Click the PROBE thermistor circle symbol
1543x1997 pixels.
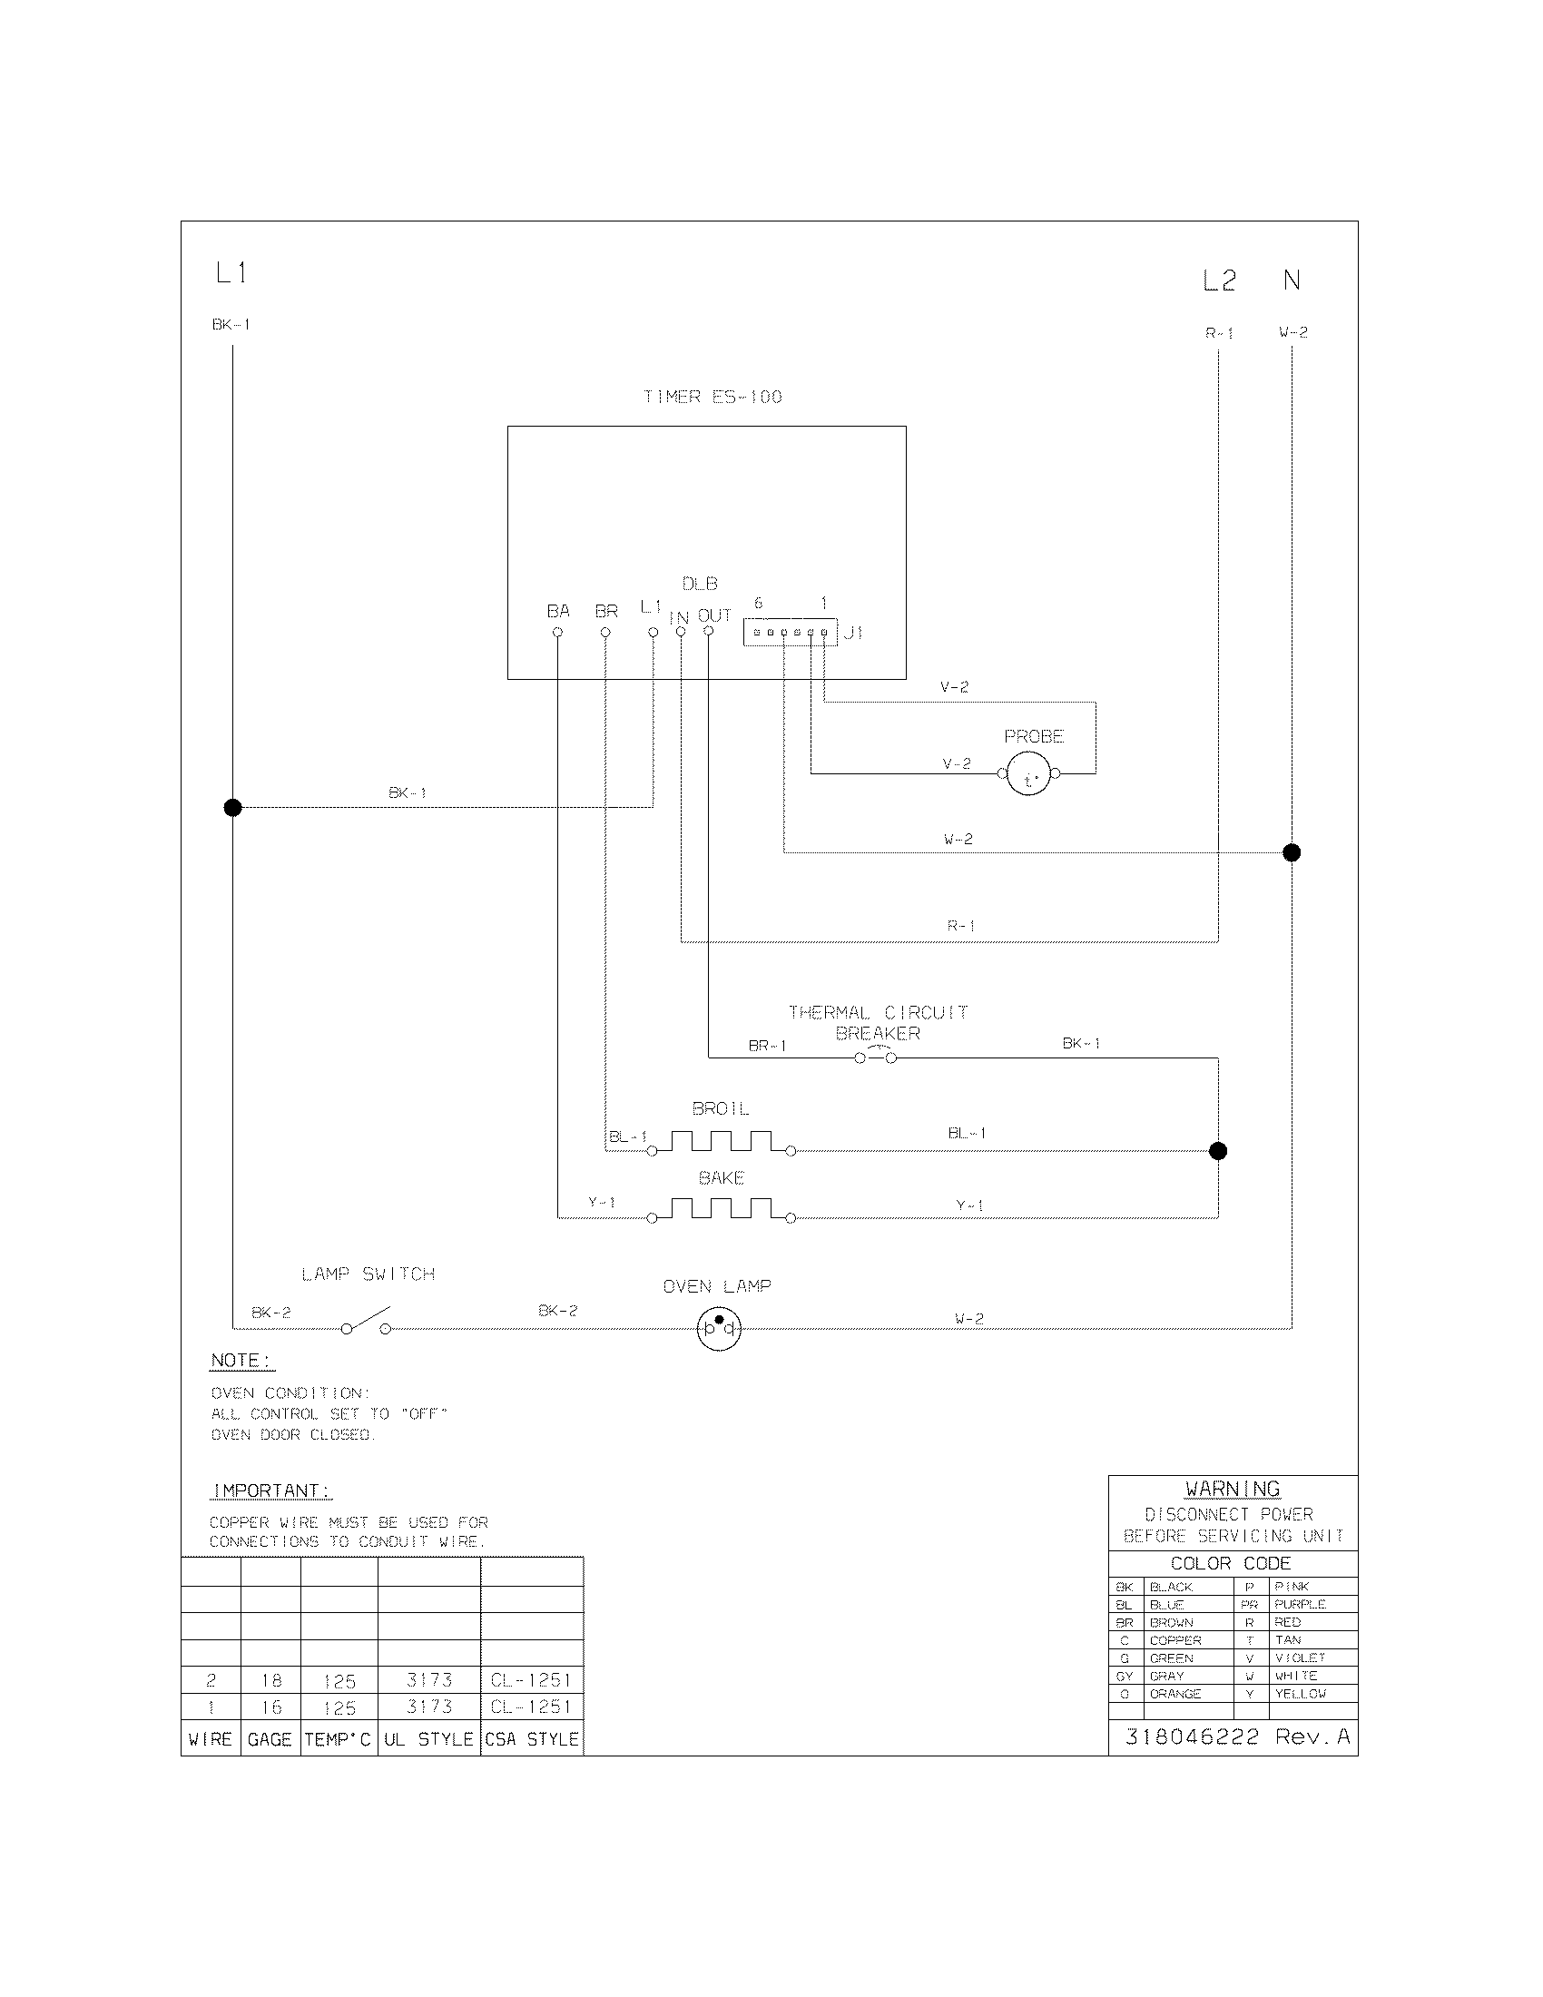tap(1029, 774)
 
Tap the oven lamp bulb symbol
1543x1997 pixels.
tap(719, 1329)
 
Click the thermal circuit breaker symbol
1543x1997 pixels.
tap(876, 1058)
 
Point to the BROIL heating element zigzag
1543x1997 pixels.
tap(722, 1143)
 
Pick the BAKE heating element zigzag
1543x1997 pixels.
tap(722, 1210)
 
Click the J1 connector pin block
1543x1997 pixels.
tap(790, 633)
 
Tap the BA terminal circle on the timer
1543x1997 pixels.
tap(557, 632)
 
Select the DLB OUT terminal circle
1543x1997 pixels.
tap(709, 632)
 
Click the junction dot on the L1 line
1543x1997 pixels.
tap(233, 807)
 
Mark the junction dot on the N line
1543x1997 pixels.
tap(1292, 853)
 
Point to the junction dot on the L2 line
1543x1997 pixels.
tap(1217, 1151)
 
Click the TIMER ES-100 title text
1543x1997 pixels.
tap(713, 397)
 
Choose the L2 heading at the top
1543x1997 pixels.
tap(1219, 281)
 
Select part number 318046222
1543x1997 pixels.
tap(1192, 1736)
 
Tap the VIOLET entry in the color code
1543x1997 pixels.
tap(1300, 1658)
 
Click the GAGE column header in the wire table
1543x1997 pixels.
tap(270, 1739)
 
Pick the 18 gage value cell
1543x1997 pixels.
tap(271, 1679)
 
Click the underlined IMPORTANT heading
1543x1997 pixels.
tap(270, 1490)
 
